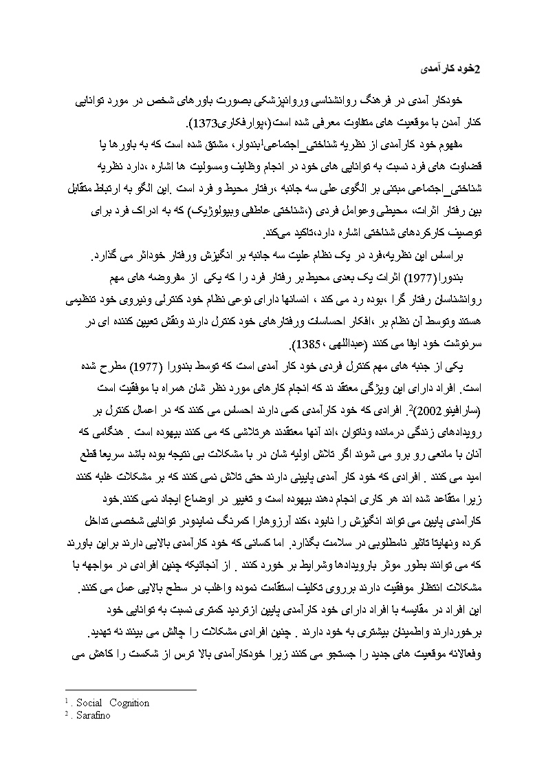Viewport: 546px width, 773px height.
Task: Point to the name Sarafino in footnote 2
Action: tap(92, 716)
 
